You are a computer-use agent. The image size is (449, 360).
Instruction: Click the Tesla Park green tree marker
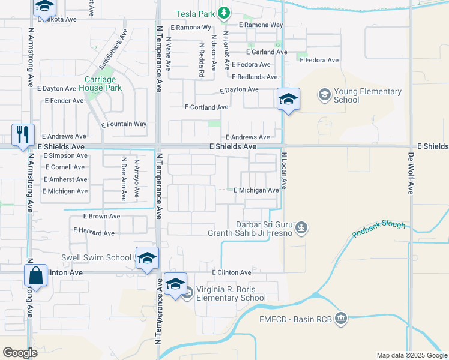224,13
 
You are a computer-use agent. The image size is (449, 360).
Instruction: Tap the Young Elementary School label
367,95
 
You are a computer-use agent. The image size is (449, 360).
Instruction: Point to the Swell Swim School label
96,257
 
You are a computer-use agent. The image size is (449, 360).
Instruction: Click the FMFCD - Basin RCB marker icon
341,317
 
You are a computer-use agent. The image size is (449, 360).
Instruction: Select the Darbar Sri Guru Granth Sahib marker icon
303,227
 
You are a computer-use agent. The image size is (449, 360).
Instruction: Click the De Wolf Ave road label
411,172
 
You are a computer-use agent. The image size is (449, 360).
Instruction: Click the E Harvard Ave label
94,232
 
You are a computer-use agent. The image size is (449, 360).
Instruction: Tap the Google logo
20,352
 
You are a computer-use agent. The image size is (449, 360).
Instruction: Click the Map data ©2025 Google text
412,355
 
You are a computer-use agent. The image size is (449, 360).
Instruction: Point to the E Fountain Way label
124,124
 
